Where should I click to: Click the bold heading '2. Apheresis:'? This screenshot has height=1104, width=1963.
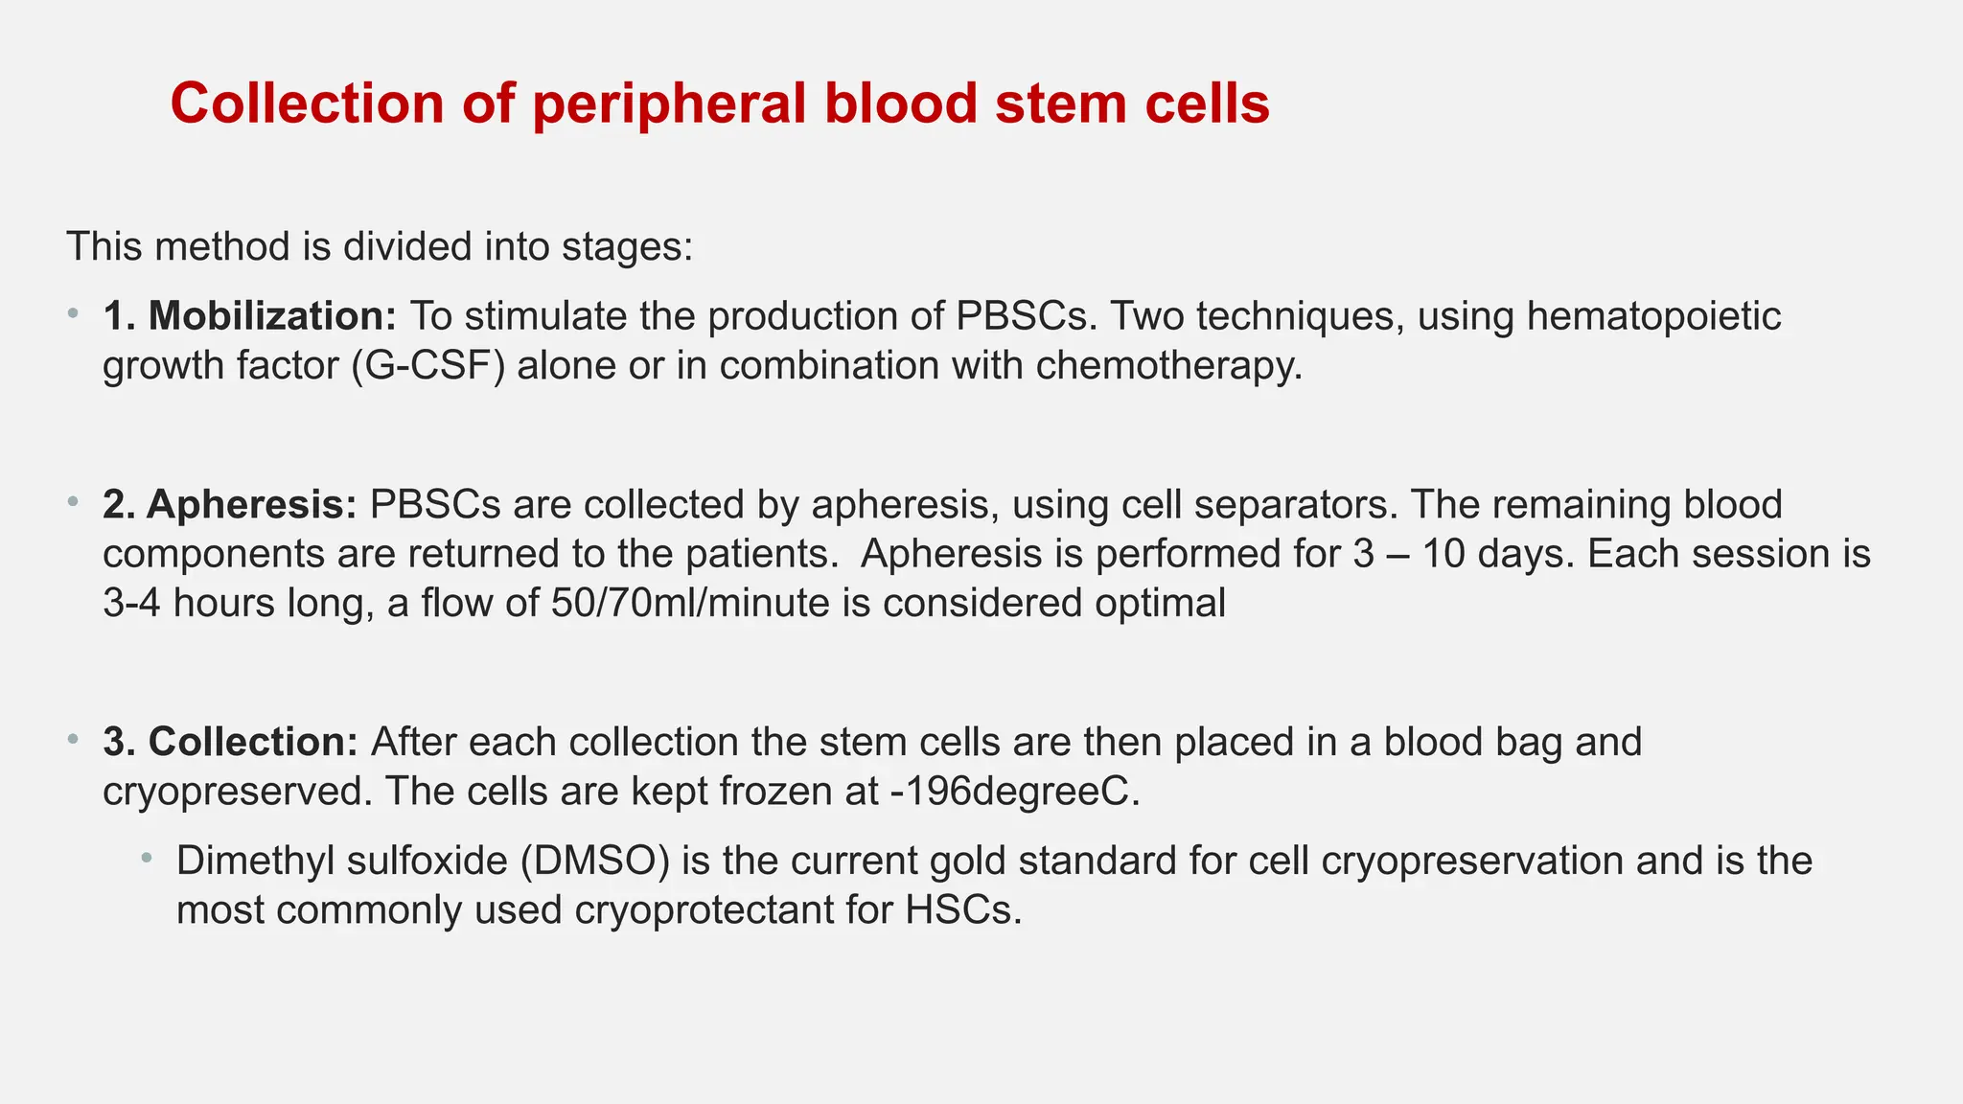click(229, 505)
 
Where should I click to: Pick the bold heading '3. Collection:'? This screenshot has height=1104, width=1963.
click(230, 742)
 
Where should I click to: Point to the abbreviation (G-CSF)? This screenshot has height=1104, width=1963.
click(427, 366)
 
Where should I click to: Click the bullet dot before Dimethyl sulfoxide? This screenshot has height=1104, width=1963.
click(147, 857)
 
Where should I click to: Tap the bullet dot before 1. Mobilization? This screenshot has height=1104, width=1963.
click(73, 312)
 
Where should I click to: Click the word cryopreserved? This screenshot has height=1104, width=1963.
click(236, 792)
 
